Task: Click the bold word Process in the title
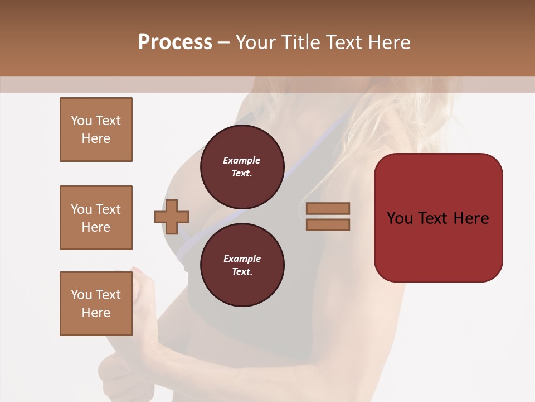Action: (x=175, y=42)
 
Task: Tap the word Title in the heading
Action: (x=300, y=42)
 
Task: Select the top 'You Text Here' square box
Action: (x=96, y=130)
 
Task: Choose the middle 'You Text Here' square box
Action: (x=96, y=218)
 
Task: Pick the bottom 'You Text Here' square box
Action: (x=96, y=303)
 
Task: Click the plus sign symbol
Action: (x=172, y=217)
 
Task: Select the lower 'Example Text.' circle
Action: (x=242, y=265)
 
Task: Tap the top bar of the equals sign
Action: (x=328, y=208)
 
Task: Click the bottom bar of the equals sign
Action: (x=328, y=225)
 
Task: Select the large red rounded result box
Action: (x=438, y=218)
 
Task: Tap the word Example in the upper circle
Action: (x=242, y=161)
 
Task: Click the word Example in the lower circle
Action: (x=242, y=259)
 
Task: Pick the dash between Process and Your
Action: (x=223, y=42)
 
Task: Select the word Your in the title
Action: (x=255, y=42)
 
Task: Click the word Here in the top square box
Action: (x=96, y=138)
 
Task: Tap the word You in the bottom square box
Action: (x=81, y=294)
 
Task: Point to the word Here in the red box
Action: (x=471, y=218)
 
